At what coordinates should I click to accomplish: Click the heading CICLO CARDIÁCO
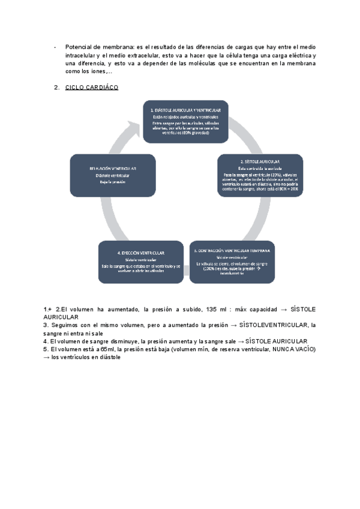tap(91, 88)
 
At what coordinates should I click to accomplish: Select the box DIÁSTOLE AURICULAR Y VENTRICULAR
tap(185, 121)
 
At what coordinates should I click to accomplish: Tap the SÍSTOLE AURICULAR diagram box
tap(260, 175)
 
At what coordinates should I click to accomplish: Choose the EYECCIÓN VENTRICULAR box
tap(141, 262)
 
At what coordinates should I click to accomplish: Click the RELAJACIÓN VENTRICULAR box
tap(113, 175)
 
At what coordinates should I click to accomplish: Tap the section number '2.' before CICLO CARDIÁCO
tap(57, 88)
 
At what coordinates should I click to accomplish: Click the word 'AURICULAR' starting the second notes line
tap(61, 316)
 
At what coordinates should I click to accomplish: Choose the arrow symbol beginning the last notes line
tap(47, 357)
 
